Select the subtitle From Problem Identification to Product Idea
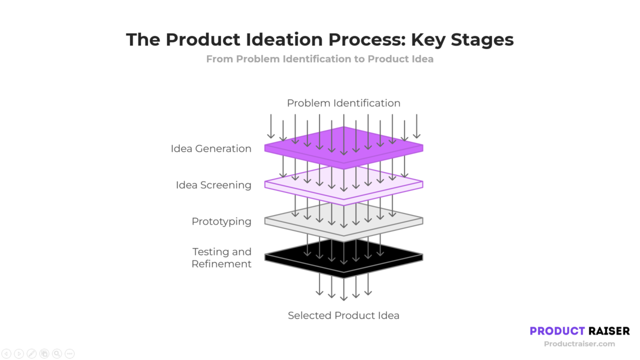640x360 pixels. click(x=319, y=59)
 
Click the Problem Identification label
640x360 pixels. click(x=343, y=103)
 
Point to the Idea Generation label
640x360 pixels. click(x=211, y=148)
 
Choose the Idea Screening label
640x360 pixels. click(x=213, y=185)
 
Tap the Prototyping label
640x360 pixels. click(x=221, y=221)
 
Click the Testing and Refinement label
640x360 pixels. click(x=222, y=257)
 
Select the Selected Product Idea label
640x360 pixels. click(x=343, y=315)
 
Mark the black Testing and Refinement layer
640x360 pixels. click(x=285, y=257)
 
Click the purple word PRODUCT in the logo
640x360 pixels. click(x=557, y=331)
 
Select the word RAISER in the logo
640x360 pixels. click(x=609, y=331)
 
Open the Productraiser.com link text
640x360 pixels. click(x=579, y=343)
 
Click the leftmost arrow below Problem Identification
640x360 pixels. click(x=271, y=126)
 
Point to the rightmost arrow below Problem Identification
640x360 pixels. click(x=416, y=126)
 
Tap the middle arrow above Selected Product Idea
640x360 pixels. click(x=343, y=290)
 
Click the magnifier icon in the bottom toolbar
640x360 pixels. click(x=56, y=353)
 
